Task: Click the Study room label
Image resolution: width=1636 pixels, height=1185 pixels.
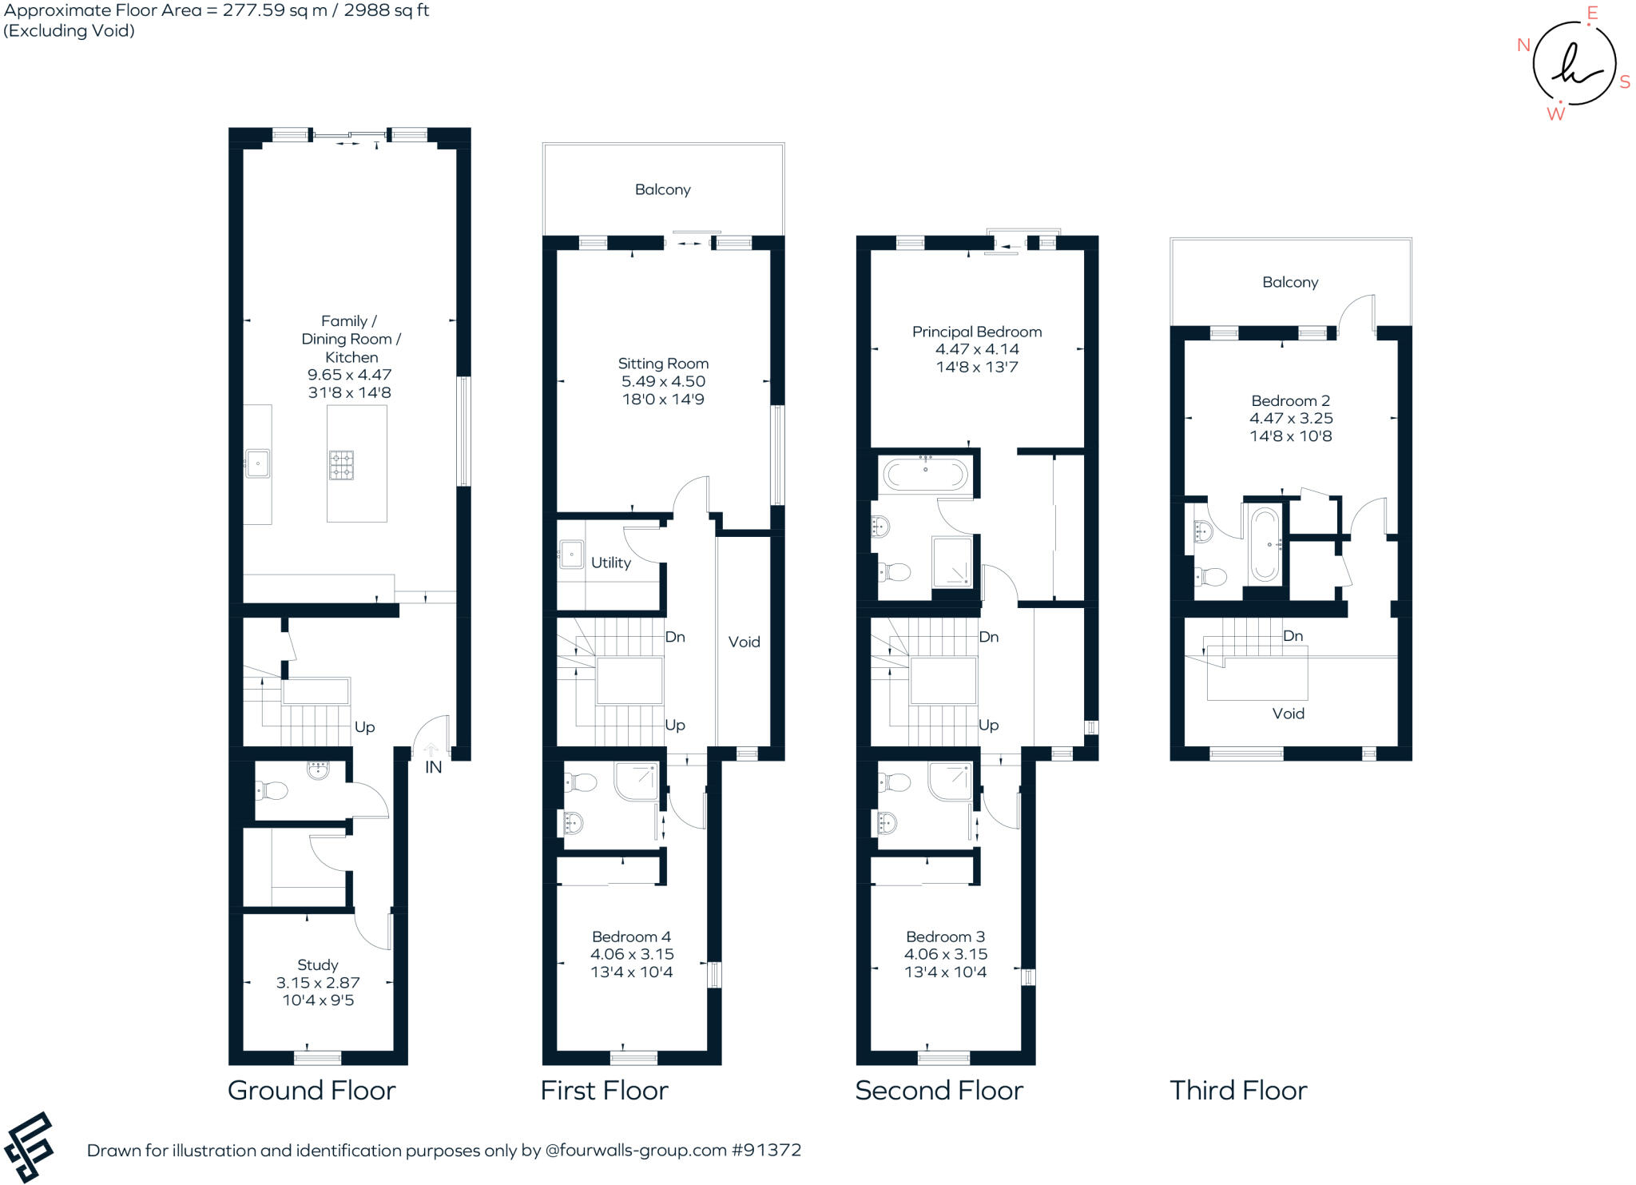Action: (x=317, y=964)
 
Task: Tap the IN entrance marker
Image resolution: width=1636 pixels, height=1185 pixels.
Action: (x=433, y=767)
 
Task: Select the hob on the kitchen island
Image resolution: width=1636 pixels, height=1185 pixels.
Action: (x=341, y=465)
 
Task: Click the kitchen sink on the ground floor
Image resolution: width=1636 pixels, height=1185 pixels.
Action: (x=258, y=463)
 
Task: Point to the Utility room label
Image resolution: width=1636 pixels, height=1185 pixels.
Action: (x=610, y=563)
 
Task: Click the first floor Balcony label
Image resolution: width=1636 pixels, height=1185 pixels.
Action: (x=662, y=189)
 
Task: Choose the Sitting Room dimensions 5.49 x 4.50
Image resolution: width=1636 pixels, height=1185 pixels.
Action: (x=663, y=381)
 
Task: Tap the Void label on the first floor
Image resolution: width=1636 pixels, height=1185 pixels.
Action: (x=744, y=642)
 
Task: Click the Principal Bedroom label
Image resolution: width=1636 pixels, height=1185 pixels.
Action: (x=976, y=332)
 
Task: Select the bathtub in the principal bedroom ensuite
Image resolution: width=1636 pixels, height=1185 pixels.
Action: (x=925, y=475)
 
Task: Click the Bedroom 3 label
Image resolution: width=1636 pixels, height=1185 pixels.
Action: (x=945, y=936)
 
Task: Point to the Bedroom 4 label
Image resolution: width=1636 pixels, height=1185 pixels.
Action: (x=631, y=936)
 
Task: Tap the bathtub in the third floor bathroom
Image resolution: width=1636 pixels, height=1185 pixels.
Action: (x=1265, y=543)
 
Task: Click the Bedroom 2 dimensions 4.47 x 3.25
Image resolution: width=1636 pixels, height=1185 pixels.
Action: (x=1291, y=418)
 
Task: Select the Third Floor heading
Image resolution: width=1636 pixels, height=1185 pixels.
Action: (x=1238, y=1090)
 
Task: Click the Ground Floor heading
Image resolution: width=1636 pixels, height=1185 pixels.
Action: (x=312, y=1090)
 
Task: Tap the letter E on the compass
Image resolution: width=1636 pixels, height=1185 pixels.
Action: (x=1591, y=13)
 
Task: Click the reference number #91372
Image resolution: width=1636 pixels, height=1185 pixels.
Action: (x=765, y=1150)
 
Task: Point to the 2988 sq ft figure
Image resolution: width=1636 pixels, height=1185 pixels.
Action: (x=387, y=10)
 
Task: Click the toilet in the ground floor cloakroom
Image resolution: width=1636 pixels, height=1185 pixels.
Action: (x=272, y=791)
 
